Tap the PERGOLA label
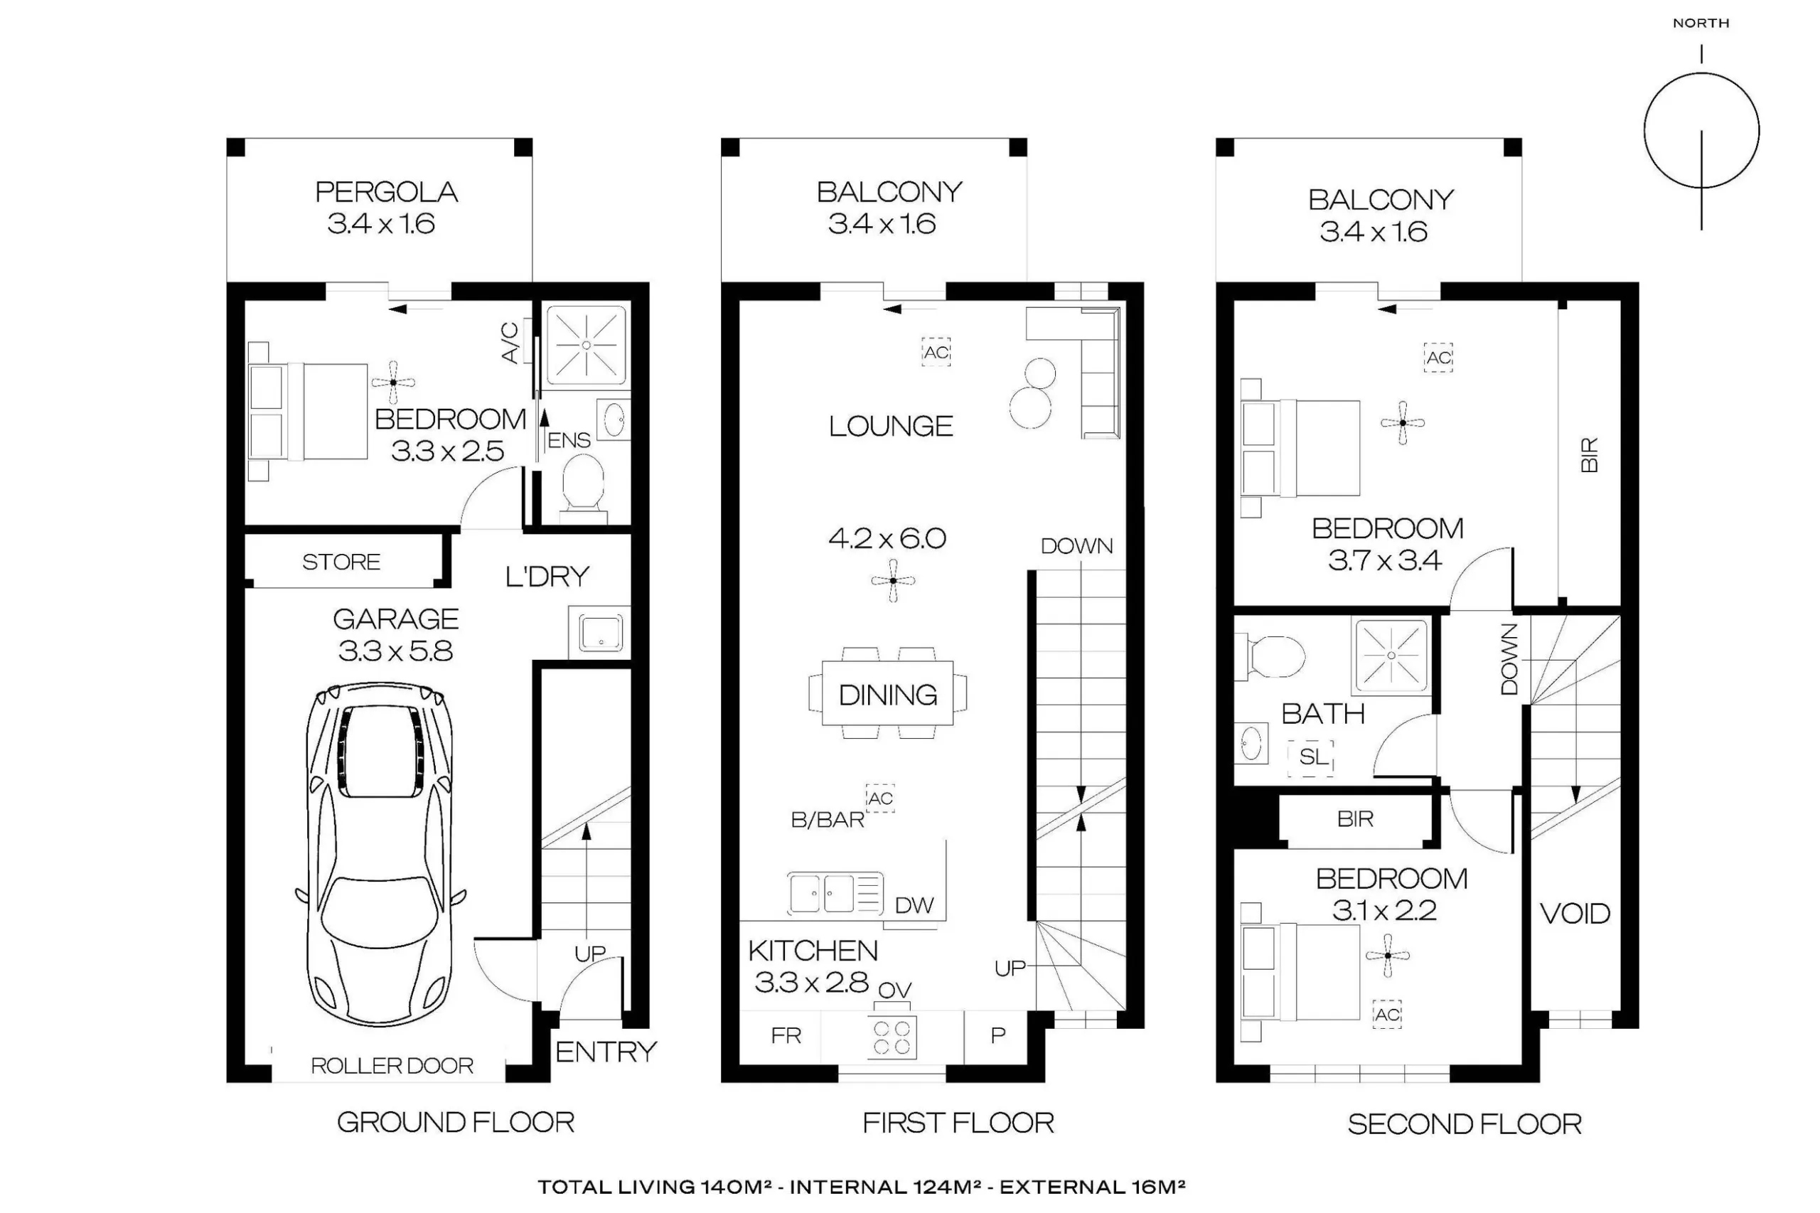[386, 192]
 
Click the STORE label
[341, 562]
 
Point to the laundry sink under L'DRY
[600, 632]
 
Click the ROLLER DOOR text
[392, 1065]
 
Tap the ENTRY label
[606, 1052]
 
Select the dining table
[887, 693]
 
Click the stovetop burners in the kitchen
[892, 1037]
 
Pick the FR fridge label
[786, 1036]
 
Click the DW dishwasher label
[914, 905]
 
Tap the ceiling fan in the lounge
[893, 580]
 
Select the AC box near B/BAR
[880, 798]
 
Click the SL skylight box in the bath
[1311, 757]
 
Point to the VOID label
[1575, 914]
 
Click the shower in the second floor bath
[1391, 656]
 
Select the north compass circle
[1702, 130]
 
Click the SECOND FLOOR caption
[1465, 1124]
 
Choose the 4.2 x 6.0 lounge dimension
[887, 538]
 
